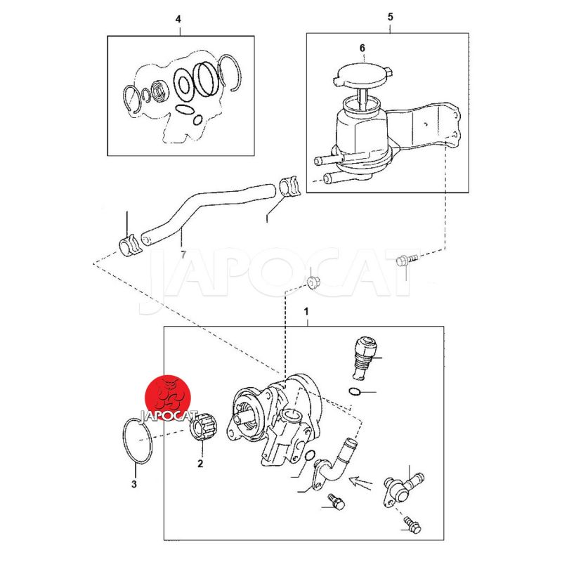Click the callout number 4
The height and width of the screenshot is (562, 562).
click(x=178, y=19)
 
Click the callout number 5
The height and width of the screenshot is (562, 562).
click(x=391, y=16)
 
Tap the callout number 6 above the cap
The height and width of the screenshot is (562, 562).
click(x=362, y=48)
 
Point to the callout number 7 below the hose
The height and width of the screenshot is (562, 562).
click(x=183, y=255)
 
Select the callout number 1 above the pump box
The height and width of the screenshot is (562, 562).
click(x=306, y=311)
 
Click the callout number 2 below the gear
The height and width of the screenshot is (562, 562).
click(x=200, y=464)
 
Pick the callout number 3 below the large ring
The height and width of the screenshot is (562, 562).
click(x=134, y=484)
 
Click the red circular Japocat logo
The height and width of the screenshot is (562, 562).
click(x=167, y=398)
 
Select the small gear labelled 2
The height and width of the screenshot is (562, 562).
click(x=202, y=426)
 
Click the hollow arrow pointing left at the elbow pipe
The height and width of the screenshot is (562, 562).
click(x=360, y=482)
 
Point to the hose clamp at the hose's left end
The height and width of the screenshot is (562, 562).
click(x=129, y=245)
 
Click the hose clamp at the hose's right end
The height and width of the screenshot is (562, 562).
click(x=289, y=187)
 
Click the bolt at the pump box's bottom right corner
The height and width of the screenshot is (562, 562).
click(x=412, y=524)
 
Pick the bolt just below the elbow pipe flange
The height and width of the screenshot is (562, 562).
click(x=336, y=501)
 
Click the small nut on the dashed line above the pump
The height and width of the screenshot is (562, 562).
click(x=314, y=282)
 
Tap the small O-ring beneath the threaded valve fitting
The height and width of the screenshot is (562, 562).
click(x=354, y=392)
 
